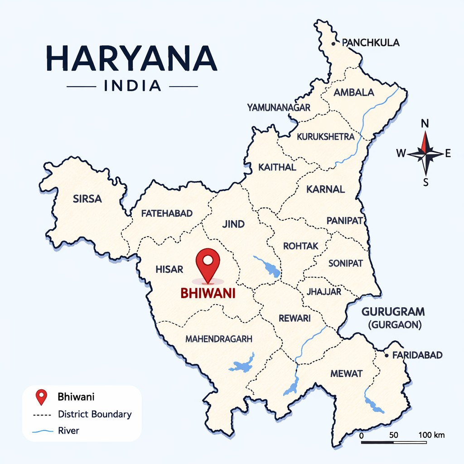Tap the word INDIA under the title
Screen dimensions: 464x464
(x=132, y=86)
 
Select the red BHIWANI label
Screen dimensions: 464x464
(x=208, y=294)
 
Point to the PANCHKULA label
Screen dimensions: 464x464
(x=371, y=43)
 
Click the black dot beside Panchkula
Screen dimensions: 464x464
(x=333, y=44)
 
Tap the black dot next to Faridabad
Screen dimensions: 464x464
(x=387, y=356)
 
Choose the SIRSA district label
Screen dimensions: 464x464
(x=87, y=198)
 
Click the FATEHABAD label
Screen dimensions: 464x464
(x=167, y=213)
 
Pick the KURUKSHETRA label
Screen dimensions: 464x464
(x=325, y=136)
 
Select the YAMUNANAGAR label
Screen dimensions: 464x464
(x=279, y=107)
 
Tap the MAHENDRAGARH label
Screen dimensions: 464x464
(x=219, y=338)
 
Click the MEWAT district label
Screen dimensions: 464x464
(x=347, y=373)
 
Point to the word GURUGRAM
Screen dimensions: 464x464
(x=393, y=312)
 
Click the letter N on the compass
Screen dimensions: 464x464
(x=425, y=124)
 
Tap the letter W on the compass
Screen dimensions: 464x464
(x=401, y=154)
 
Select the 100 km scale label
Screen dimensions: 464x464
(x=432, y=435)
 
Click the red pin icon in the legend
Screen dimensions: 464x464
(x=42, y=397)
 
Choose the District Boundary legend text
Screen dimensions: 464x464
(x=95, y=414)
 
